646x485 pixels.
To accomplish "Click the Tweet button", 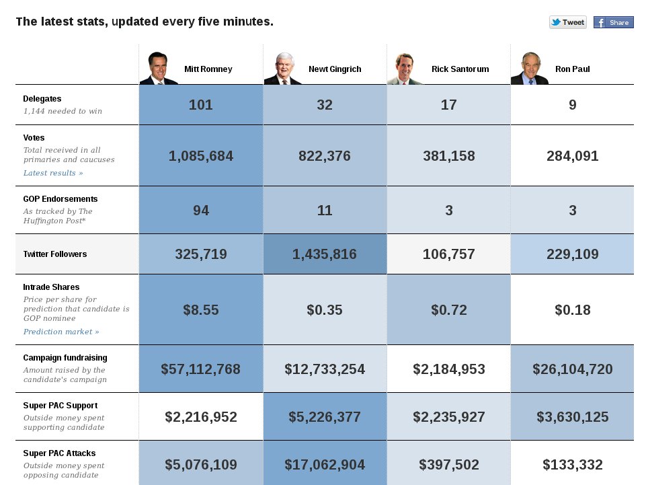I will (568, 22).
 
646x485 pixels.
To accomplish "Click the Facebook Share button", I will (613, 22).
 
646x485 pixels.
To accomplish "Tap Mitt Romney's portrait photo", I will (158, 68).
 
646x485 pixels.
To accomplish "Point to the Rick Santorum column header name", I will (460, 69).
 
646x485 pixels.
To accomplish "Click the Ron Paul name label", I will (572, 69).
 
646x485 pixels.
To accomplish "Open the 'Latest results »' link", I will (53, 173).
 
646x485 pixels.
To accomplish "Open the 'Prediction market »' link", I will (61, 332).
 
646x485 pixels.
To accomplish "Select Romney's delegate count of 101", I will (201, 104).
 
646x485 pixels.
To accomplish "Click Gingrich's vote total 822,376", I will (325, 156).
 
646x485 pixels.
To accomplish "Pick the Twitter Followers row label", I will (55, 254).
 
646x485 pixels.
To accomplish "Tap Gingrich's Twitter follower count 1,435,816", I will (325, 254).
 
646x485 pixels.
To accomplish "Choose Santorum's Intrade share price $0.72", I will (448, 310).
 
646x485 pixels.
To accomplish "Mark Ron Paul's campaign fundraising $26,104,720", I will (572, 369).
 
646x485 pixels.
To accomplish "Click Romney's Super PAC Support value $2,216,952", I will (201, 416).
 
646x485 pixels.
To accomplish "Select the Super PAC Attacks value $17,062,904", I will (325, 464).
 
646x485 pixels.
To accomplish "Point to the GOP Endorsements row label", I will (60, 199).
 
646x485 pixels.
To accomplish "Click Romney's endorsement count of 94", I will (201, 210).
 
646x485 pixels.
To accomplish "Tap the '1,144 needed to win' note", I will (63, 111).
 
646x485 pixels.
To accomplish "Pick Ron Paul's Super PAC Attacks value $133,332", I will (572, 464).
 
